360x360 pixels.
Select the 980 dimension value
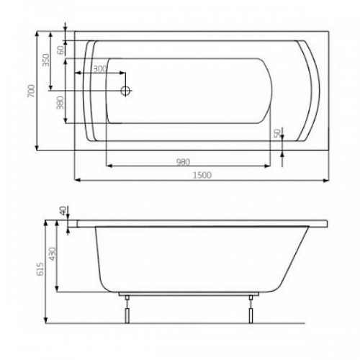click(184, 162)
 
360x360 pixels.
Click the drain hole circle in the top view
click(125, 91)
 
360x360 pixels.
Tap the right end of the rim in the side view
click(328, 224)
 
